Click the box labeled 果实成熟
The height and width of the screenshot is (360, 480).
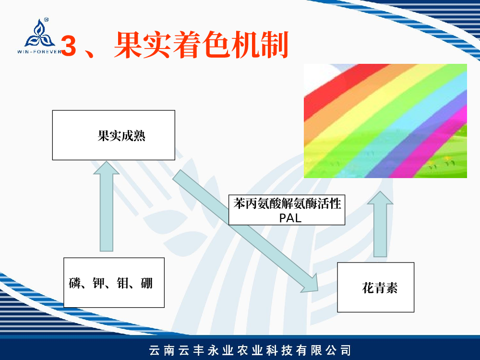tap(114, 135)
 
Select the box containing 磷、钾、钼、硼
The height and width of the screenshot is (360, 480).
tap(114, 283)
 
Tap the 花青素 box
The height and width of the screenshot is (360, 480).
tap(376, 287)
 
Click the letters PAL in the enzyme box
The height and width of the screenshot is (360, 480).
tap(290, 218)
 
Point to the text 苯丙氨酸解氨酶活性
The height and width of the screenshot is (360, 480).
tap(287, 204)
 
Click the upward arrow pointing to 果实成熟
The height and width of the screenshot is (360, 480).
tap(107, 206)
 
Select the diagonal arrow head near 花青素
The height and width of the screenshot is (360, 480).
tap(310, 284)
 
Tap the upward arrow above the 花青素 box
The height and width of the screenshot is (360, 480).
tap(380, 224)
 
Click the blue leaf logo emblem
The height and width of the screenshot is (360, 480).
tap(39, 34)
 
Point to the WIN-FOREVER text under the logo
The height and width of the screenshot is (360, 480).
tap(40, 52)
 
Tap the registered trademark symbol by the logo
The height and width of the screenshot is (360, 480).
tap(46, 20)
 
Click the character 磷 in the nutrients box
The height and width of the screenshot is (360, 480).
tap(75, 283)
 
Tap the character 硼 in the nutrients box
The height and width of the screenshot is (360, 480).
tap(146, 283)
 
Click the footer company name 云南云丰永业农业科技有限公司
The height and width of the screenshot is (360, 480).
tap(250, 350)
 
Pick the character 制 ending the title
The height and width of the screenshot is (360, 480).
tap(274, 45)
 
